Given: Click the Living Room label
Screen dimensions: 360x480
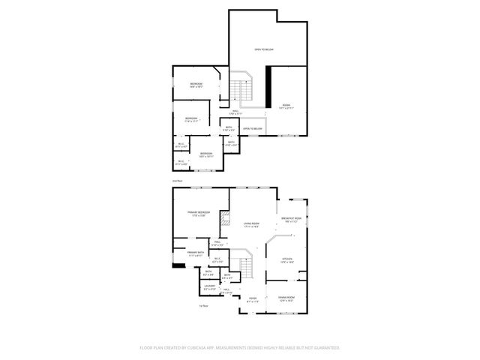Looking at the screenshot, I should (x=251, y=224).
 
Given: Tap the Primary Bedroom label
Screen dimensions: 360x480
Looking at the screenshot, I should (x=198, y=214).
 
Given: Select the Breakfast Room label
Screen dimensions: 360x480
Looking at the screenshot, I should (x=292, y=220).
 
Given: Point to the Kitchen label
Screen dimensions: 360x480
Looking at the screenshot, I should (x=287, y=259).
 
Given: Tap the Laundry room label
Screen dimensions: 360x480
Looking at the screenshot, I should (x=209, y=287).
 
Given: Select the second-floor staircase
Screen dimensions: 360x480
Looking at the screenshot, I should (x=239, y=90).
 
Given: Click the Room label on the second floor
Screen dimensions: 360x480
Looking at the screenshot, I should (x=286, y=106).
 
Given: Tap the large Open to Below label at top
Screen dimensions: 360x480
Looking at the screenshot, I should (x=263, y=49).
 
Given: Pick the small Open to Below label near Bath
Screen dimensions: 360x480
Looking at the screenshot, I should (x=252, y=129).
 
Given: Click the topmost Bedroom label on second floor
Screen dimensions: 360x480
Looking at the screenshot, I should (x=196, y=84).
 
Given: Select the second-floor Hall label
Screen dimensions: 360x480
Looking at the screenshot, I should (x=235, y=112).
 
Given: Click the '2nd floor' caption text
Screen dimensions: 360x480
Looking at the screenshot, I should (x=177, y=181).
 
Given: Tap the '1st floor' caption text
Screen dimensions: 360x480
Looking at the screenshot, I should (x=203, y=306).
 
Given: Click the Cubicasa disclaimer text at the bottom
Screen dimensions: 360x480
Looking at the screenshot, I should (x=240, y=347).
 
